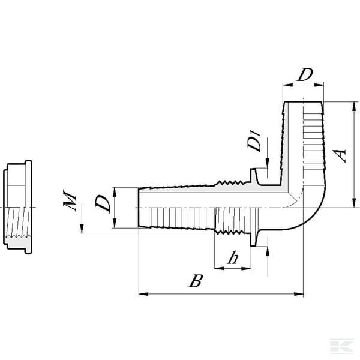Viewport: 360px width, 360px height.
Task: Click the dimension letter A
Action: pyautogui.click(x=339, y=155)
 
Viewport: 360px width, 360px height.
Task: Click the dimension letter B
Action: pyautogui.click(x=196, y=281)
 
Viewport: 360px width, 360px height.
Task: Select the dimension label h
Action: pyautogui.click(x=233, y=257)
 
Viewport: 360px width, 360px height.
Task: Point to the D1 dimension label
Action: pyautogui.click(x=254, y=142)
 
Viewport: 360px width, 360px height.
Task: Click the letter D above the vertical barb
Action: pyautogui.click(x=305, y=74)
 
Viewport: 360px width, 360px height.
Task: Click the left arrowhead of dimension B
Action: pyautogui.click(x=143, y=294)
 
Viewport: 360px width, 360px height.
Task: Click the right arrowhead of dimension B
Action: pyautogui.click(x=299, y=294)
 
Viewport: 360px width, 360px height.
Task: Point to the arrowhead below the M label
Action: pyautogui.click(x=82, y=229)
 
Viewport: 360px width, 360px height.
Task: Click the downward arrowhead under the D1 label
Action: pyautogui.click(x=267, y=163)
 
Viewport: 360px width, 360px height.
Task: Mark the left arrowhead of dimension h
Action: pyautogui.click(x=219, y=268)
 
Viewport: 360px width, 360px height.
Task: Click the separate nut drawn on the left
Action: pyautogui.click(x=17, y=207)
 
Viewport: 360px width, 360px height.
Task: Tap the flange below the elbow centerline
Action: pyautogui.click(x=253, y=239)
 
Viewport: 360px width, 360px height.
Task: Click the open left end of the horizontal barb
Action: pyautogui.click(x=139, y=208)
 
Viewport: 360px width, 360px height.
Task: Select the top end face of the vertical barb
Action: pyautogui.click(x=303, y=101)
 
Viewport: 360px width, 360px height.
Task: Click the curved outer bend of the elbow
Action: pyautogui.click(x=316, y=216)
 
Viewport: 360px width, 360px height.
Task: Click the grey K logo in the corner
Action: pyautogui.click(x=342, y=346)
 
